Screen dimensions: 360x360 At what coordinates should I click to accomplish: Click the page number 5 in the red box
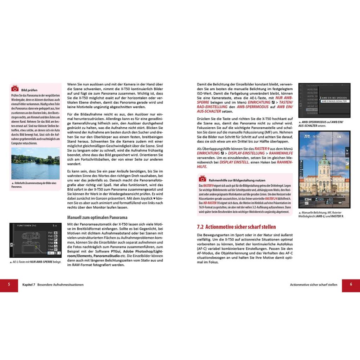click(9, 284)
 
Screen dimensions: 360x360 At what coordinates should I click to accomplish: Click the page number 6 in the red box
click(351, 284)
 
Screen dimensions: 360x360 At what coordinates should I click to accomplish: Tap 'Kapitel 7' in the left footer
click(29, 285)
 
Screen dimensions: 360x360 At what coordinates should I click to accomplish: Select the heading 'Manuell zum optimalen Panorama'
click(97, 217)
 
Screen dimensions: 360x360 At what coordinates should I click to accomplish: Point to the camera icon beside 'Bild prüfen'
click(15, 89)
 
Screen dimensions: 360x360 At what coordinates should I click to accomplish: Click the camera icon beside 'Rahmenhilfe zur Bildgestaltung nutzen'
click(202, 179)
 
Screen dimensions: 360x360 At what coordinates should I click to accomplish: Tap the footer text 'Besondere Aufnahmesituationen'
click(60, 285)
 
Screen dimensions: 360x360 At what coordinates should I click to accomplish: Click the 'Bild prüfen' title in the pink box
click(29, 90)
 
